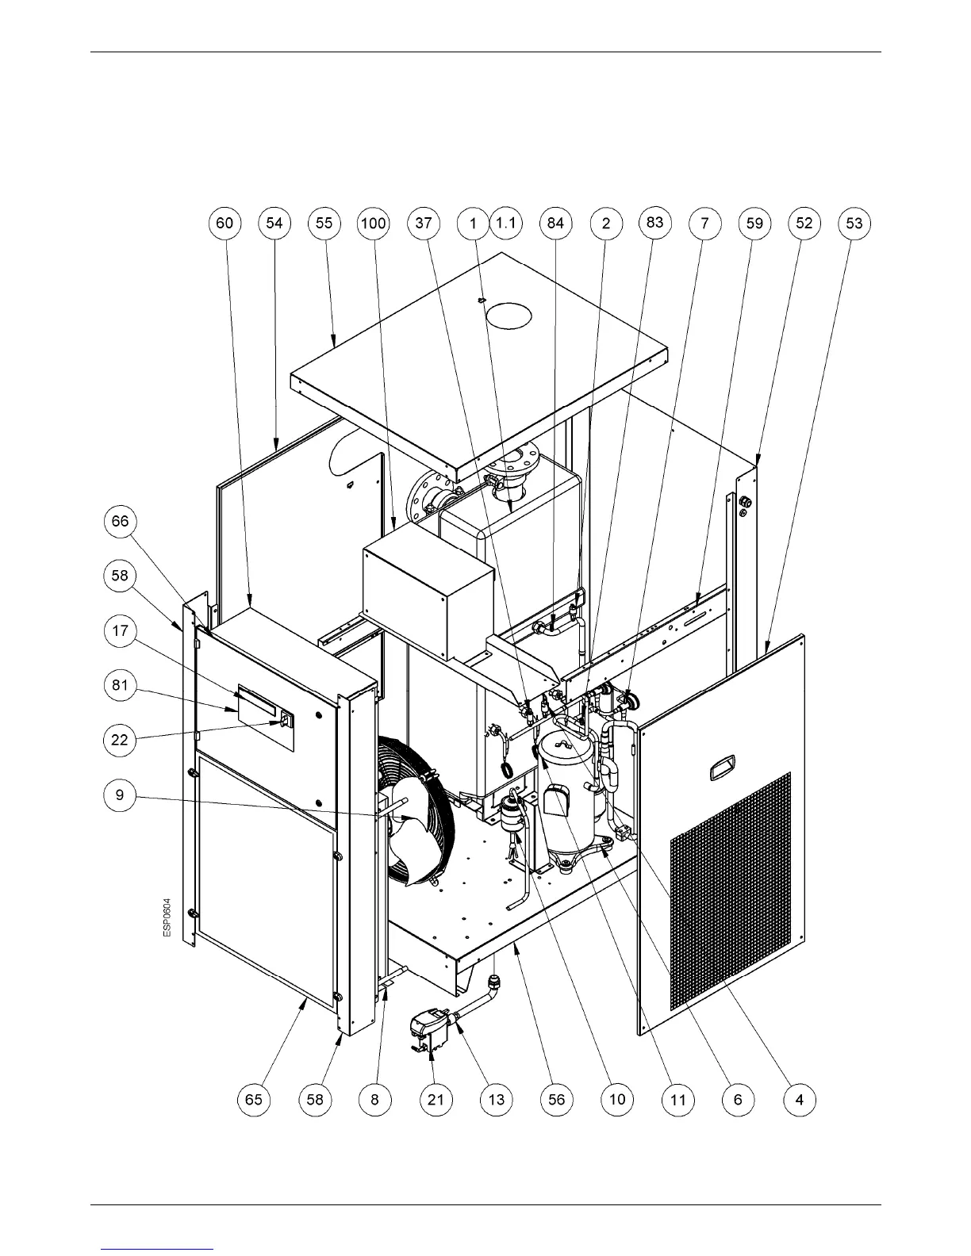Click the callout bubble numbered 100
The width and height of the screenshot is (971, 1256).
pos(373,224)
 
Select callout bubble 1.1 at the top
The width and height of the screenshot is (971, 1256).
pos(505,224)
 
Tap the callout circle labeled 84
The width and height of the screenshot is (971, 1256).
pos(555,224)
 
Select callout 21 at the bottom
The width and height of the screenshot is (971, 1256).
pos(436,1099)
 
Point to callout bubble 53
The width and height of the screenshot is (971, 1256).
pos(854,224)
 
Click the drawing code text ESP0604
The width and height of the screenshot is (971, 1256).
pos(167,917)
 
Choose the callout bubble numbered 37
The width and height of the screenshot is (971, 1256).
pos(424,224)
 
